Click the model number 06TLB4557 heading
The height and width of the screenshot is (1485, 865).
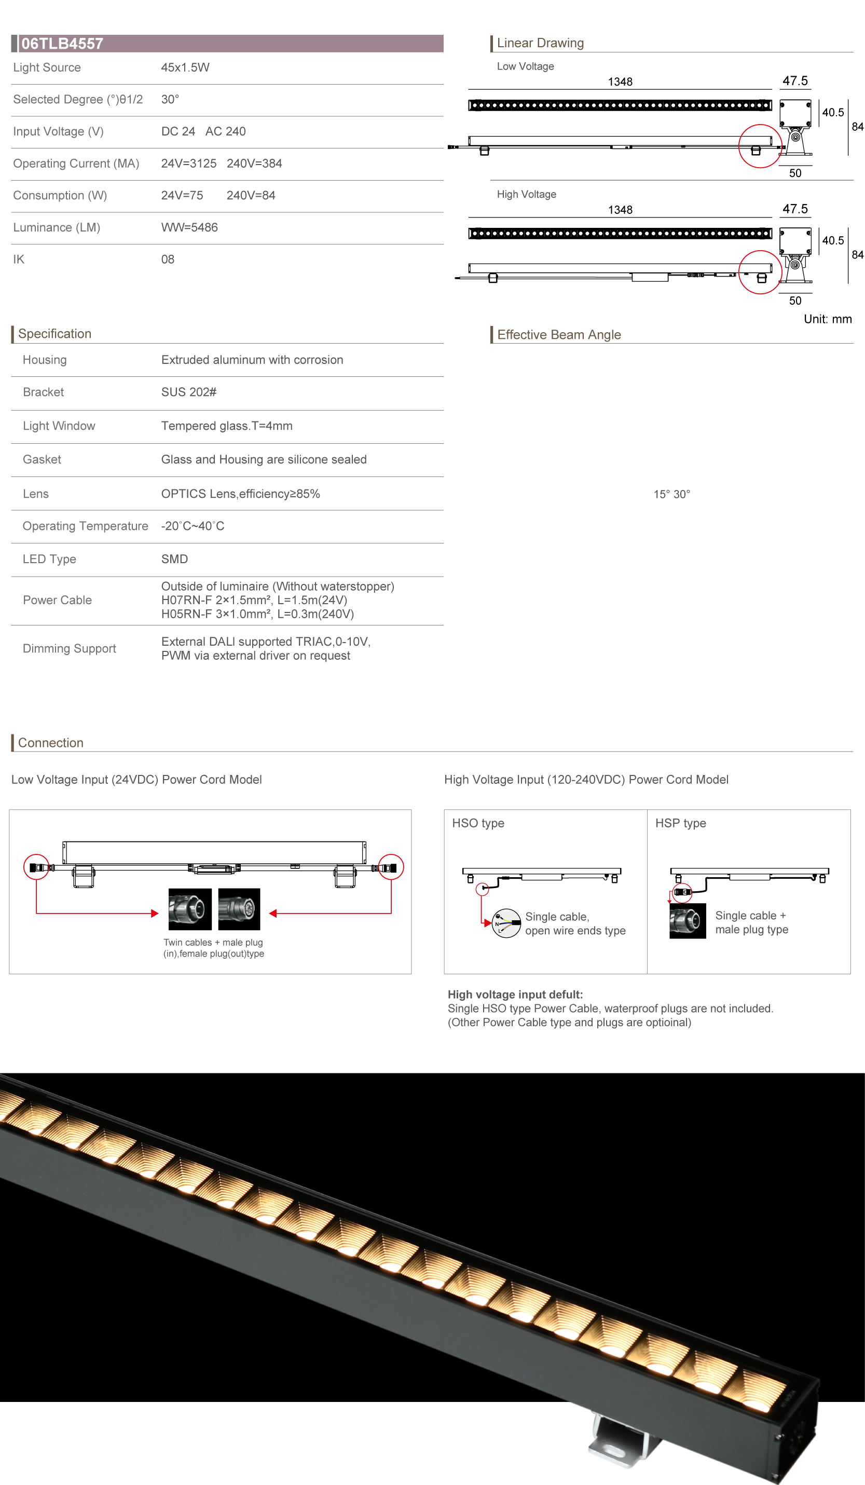62,44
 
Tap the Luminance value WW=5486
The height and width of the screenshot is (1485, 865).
189,227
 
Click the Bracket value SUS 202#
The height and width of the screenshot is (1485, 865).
188,392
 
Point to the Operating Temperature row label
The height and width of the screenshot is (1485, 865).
85,526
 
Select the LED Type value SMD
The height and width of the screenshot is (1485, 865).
174,559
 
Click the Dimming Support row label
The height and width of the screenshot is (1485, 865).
69,649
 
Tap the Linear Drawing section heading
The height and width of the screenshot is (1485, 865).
540,43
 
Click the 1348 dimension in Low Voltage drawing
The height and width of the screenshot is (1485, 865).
620,82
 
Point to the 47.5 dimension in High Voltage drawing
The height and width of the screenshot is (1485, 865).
795,209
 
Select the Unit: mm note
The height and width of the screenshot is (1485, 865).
827,319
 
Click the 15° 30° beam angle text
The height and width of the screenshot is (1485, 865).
671,495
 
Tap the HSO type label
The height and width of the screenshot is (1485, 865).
478,823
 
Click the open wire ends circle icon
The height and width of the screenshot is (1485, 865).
506,923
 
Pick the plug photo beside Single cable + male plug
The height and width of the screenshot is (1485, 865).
687,921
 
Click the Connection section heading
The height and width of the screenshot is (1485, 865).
51,743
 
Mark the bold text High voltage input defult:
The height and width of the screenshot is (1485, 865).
515,994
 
